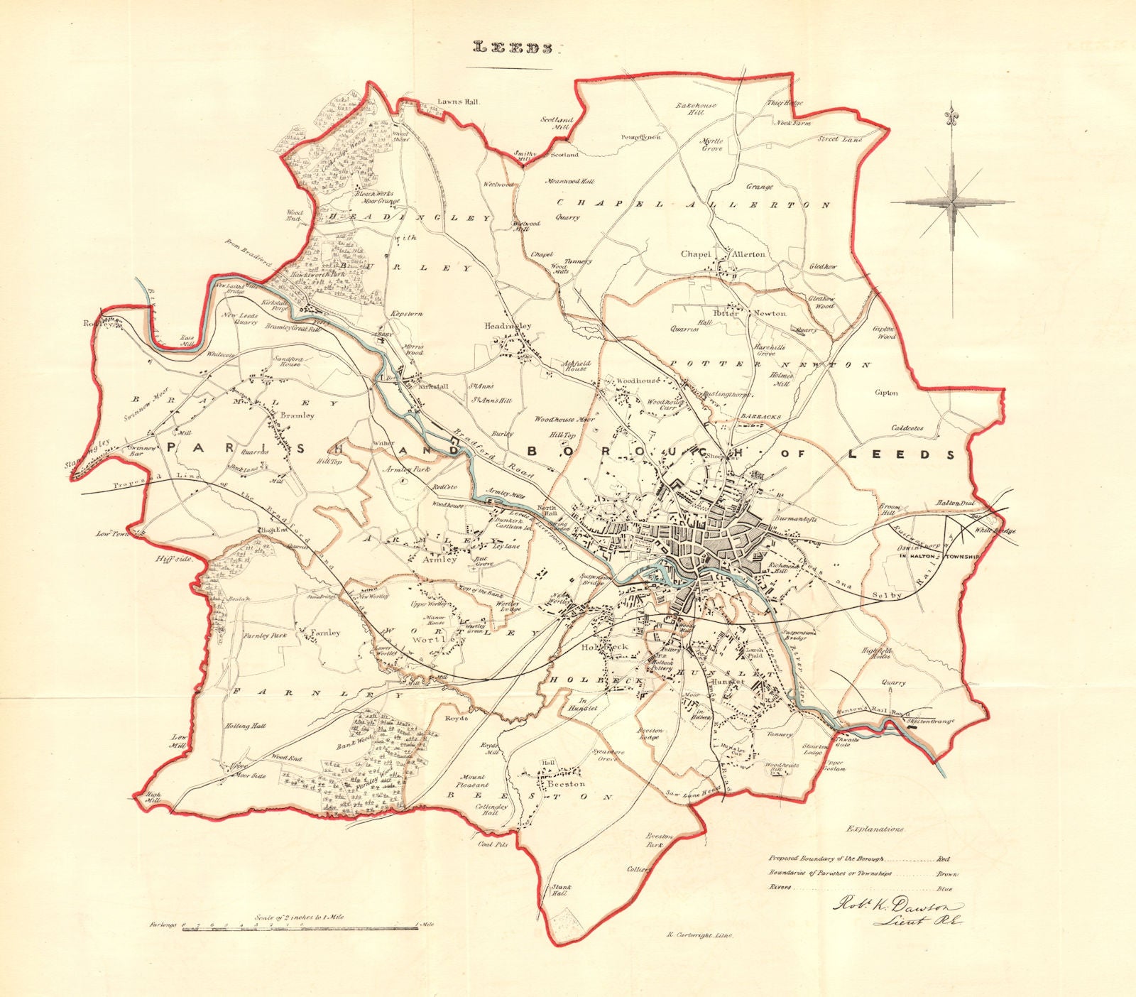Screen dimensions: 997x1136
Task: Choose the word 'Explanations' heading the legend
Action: (875, 829)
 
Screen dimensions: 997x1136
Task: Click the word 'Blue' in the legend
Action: (945, 888)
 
